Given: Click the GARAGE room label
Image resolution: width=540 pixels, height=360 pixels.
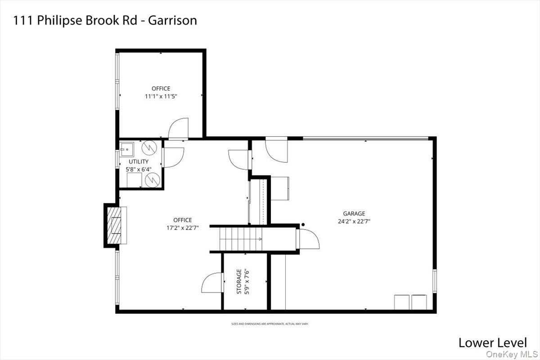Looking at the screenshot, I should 354,214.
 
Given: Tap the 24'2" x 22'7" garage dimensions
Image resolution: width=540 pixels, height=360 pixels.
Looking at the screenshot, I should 354,221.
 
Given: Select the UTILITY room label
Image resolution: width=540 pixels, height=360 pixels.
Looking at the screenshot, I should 139,162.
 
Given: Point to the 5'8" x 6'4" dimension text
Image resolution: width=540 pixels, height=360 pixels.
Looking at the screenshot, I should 139,169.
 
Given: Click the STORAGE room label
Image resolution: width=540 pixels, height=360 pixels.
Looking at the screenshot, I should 239,281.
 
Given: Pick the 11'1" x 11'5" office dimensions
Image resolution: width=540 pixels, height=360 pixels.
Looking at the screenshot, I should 161,96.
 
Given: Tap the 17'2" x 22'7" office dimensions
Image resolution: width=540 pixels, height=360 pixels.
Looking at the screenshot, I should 182,228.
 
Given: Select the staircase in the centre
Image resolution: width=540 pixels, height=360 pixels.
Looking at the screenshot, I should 241,238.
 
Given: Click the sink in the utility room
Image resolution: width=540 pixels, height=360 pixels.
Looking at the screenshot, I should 126,147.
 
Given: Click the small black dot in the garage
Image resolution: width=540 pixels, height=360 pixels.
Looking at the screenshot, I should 303,225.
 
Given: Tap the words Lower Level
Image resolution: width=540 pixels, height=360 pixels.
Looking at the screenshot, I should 492,342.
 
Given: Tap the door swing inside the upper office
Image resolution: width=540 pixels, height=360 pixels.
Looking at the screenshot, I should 179,128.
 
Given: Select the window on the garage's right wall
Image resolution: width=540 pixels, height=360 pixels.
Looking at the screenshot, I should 435,281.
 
